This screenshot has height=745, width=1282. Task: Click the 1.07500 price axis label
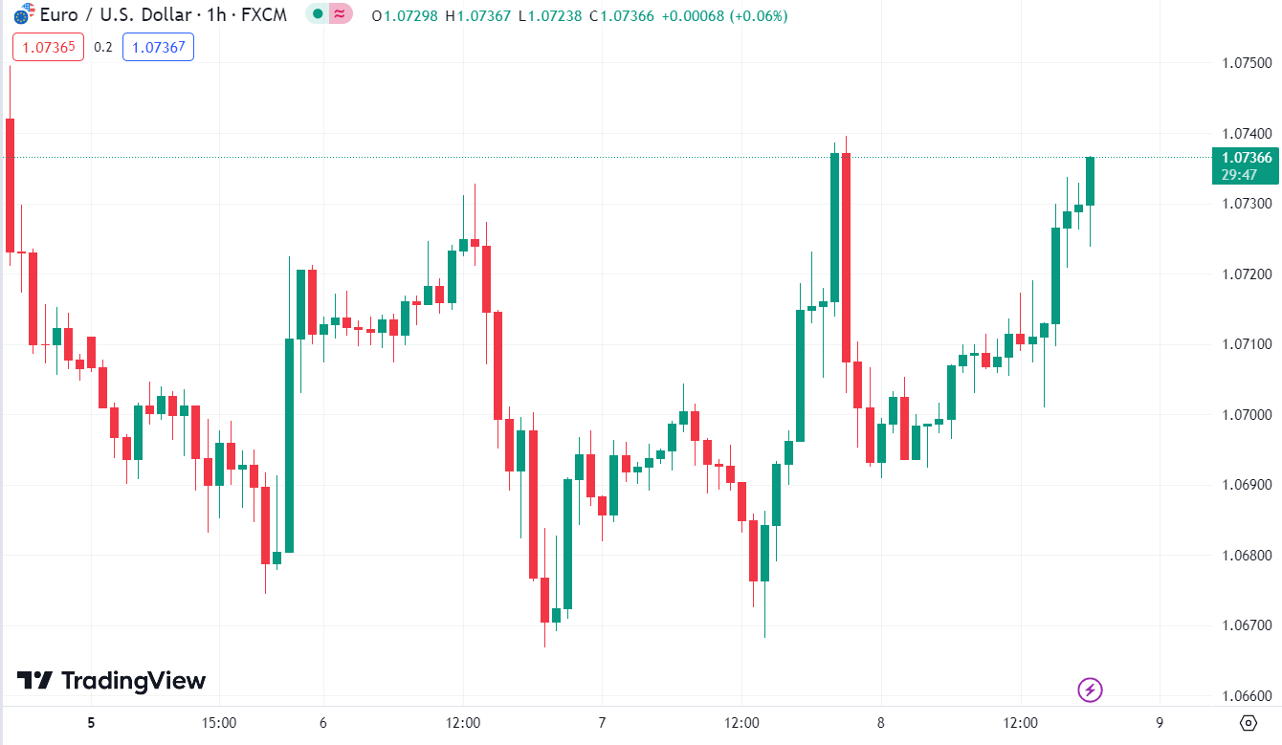click(x=1246, y=63)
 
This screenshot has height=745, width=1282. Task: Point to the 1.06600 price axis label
click(x=1246, y=696)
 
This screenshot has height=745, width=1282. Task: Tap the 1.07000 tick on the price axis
click(x=1246, y=415)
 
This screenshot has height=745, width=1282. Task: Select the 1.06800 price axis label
click(x=1246, y=556)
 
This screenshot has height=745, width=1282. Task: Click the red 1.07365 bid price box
click(x=48, y=47)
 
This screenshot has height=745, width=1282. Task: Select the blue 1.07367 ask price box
click(x=158, y=47)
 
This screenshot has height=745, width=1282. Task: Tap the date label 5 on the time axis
click(x=91, y=723)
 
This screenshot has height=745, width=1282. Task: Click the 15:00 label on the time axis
click(x=219, y=723)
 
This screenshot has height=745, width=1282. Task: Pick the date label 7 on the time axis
click(x=602, y=723)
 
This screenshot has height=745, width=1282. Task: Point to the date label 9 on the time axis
click(x=1160, y=723)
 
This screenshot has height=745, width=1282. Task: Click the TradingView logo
click(x=112, y=681)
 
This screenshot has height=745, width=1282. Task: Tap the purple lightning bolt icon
click(x=1091, y=689)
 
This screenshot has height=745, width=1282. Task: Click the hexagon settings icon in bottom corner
click(x=1248, y=722)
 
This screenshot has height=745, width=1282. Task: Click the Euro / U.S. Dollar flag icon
click(x=23, y=15)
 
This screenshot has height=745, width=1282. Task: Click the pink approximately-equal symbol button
click(x=341, y=15)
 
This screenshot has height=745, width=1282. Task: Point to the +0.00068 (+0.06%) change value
click(x=727, y=15)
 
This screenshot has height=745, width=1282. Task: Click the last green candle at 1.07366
click(x=1090, y=181)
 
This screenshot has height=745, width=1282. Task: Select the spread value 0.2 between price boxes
click(x=103, y=47)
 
